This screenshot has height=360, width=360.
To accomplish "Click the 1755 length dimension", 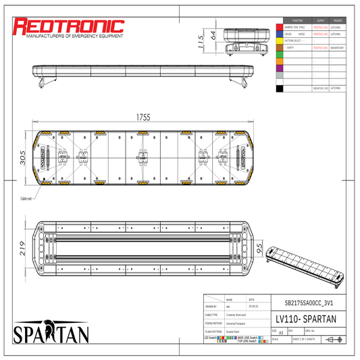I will coord(143,117).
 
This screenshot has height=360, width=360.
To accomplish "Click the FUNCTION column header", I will coord(297,20).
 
